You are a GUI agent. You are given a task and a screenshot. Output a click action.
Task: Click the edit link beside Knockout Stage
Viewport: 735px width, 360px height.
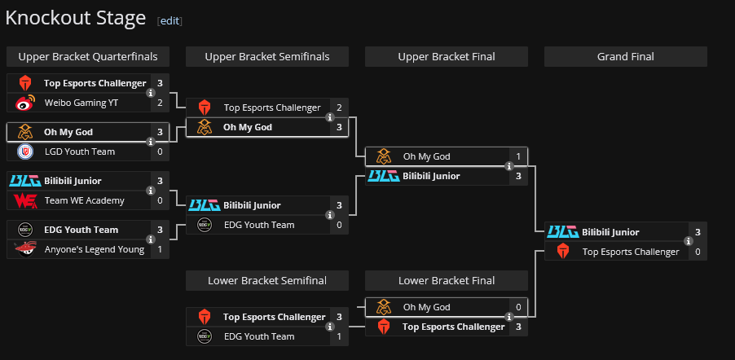(169, 21)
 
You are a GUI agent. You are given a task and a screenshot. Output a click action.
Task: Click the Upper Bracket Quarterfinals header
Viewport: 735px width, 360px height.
(88, 56)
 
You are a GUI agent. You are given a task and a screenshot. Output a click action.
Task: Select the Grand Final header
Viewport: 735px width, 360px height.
(625, 56)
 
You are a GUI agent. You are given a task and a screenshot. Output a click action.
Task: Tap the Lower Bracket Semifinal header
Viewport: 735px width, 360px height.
(267, 280)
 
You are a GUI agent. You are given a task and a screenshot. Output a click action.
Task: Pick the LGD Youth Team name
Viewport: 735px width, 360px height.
(80, 151)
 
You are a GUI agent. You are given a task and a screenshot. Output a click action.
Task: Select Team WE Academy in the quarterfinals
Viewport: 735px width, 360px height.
(85, 200)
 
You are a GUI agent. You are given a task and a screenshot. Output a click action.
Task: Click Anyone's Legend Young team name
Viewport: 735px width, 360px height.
(95, 249)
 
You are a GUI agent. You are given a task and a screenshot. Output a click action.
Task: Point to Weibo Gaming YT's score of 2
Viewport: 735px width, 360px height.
(161, 103)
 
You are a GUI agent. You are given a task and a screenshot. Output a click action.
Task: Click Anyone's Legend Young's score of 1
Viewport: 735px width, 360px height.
(161, 249)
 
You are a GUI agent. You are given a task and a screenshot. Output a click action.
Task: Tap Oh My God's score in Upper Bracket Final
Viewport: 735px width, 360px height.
(519, 156)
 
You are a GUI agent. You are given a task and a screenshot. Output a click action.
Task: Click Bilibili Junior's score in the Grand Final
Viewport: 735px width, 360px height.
(698, 232)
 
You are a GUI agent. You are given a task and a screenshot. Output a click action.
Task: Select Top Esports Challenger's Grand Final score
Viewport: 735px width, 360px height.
(698, 252)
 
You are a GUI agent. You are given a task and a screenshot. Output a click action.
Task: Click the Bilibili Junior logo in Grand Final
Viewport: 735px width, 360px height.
(562, 232)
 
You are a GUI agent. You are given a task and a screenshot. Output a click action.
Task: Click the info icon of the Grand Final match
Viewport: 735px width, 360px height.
(689, 242)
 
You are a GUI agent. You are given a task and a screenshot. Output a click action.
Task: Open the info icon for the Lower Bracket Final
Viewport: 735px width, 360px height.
(509, 317)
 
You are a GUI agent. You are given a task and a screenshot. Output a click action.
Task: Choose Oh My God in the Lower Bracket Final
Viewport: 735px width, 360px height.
(426, 307)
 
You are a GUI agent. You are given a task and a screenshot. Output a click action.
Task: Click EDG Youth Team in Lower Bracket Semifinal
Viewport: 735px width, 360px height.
(259, 336)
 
